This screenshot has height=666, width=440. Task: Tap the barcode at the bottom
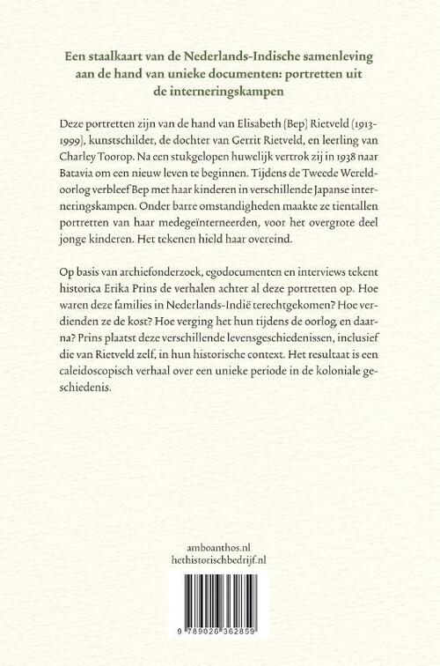pyautogui.click(x=220, y=608)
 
